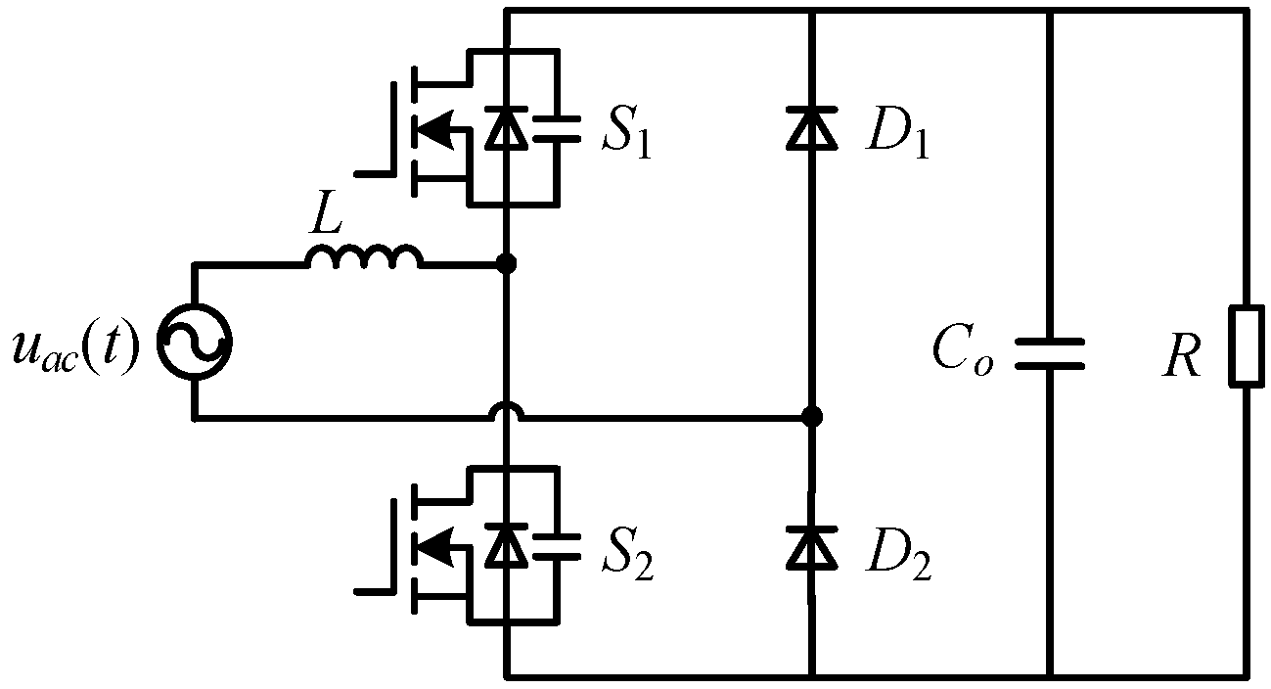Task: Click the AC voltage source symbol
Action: click(x=194, y=342)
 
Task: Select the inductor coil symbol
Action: click(x=364, y=256)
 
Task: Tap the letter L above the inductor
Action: click(x=325, y=220)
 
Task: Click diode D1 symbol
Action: click(x=812, y=128)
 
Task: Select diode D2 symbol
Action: click(x=812, y=547)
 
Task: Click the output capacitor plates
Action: click(x=1050, y=353)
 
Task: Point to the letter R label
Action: click(x=1181, y=358)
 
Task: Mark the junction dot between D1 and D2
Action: click(x=811, y=417)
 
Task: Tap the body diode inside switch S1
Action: click(x=506, y=128)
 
